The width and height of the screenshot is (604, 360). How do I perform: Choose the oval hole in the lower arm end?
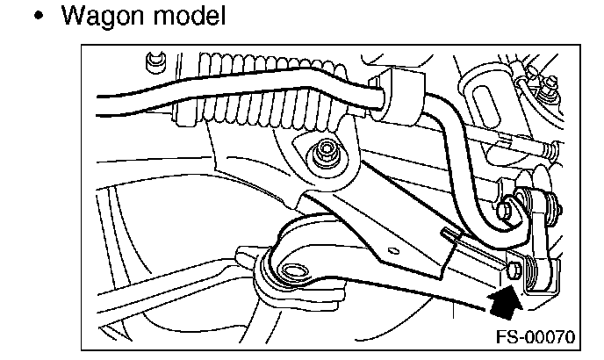293,272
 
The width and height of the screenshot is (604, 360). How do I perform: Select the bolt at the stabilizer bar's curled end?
508,211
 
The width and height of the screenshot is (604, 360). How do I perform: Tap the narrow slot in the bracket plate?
449,233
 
